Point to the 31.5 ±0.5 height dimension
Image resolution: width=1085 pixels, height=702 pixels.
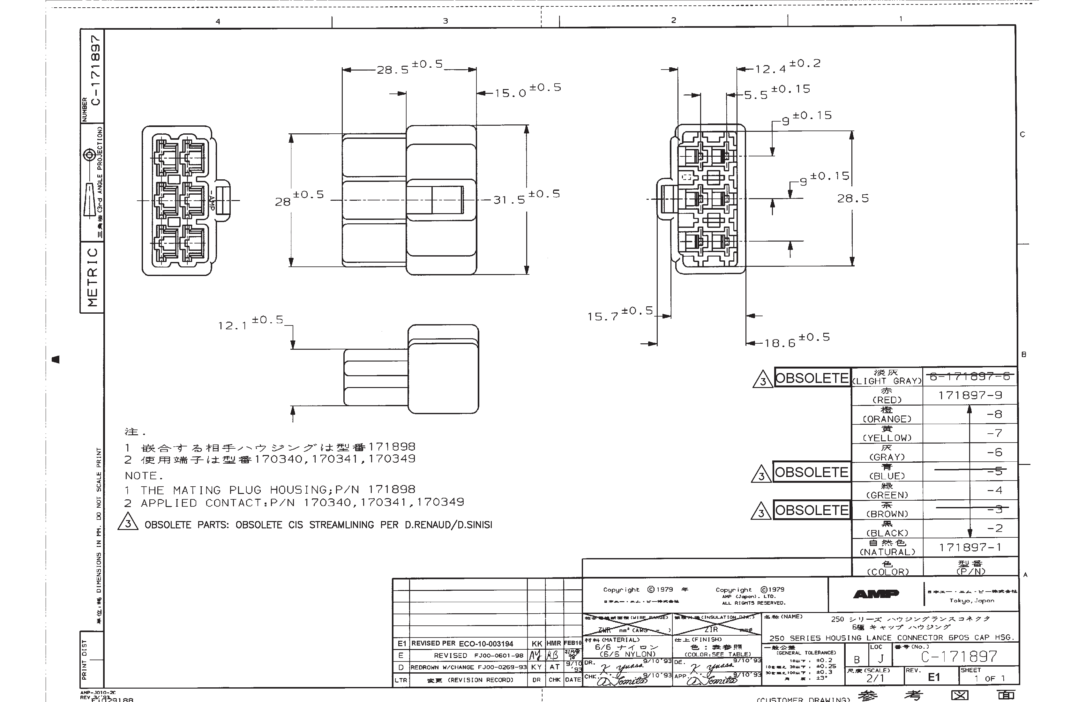[526, 197]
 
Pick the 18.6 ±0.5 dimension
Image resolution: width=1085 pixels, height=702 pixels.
[797, 340]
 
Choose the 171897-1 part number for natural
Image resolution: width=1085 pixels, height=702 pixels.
[970, 547]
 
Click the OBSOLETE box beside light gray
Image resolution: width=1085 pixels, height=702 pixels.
[812, 378]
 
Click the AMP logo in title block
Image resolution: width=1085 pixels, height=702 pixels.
[876, 594]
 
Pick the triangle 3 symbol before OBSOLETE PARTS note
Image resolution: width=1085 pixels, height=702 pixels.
[128, 522]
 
